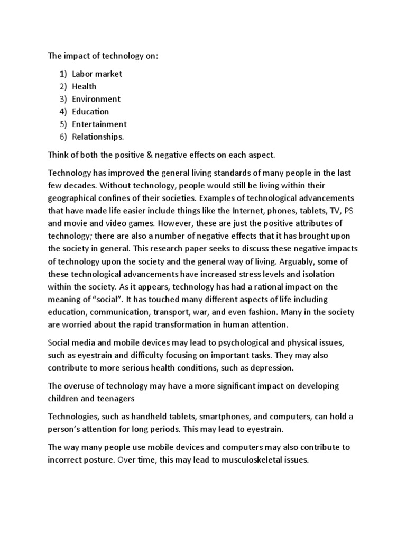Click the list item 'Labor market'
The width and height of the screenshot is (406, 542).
point(97,74)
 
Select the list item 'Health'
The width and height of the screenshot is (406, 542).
point(85,86)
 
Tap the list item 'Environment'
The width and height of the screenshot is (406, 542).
point(96,99)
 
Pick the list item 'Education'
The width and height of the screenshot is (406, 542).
point(90,112)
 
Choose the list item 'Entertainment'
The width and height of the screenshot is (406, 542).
point(99,124)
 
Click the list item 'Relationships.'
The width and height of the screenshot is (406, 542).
point(98,137)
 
